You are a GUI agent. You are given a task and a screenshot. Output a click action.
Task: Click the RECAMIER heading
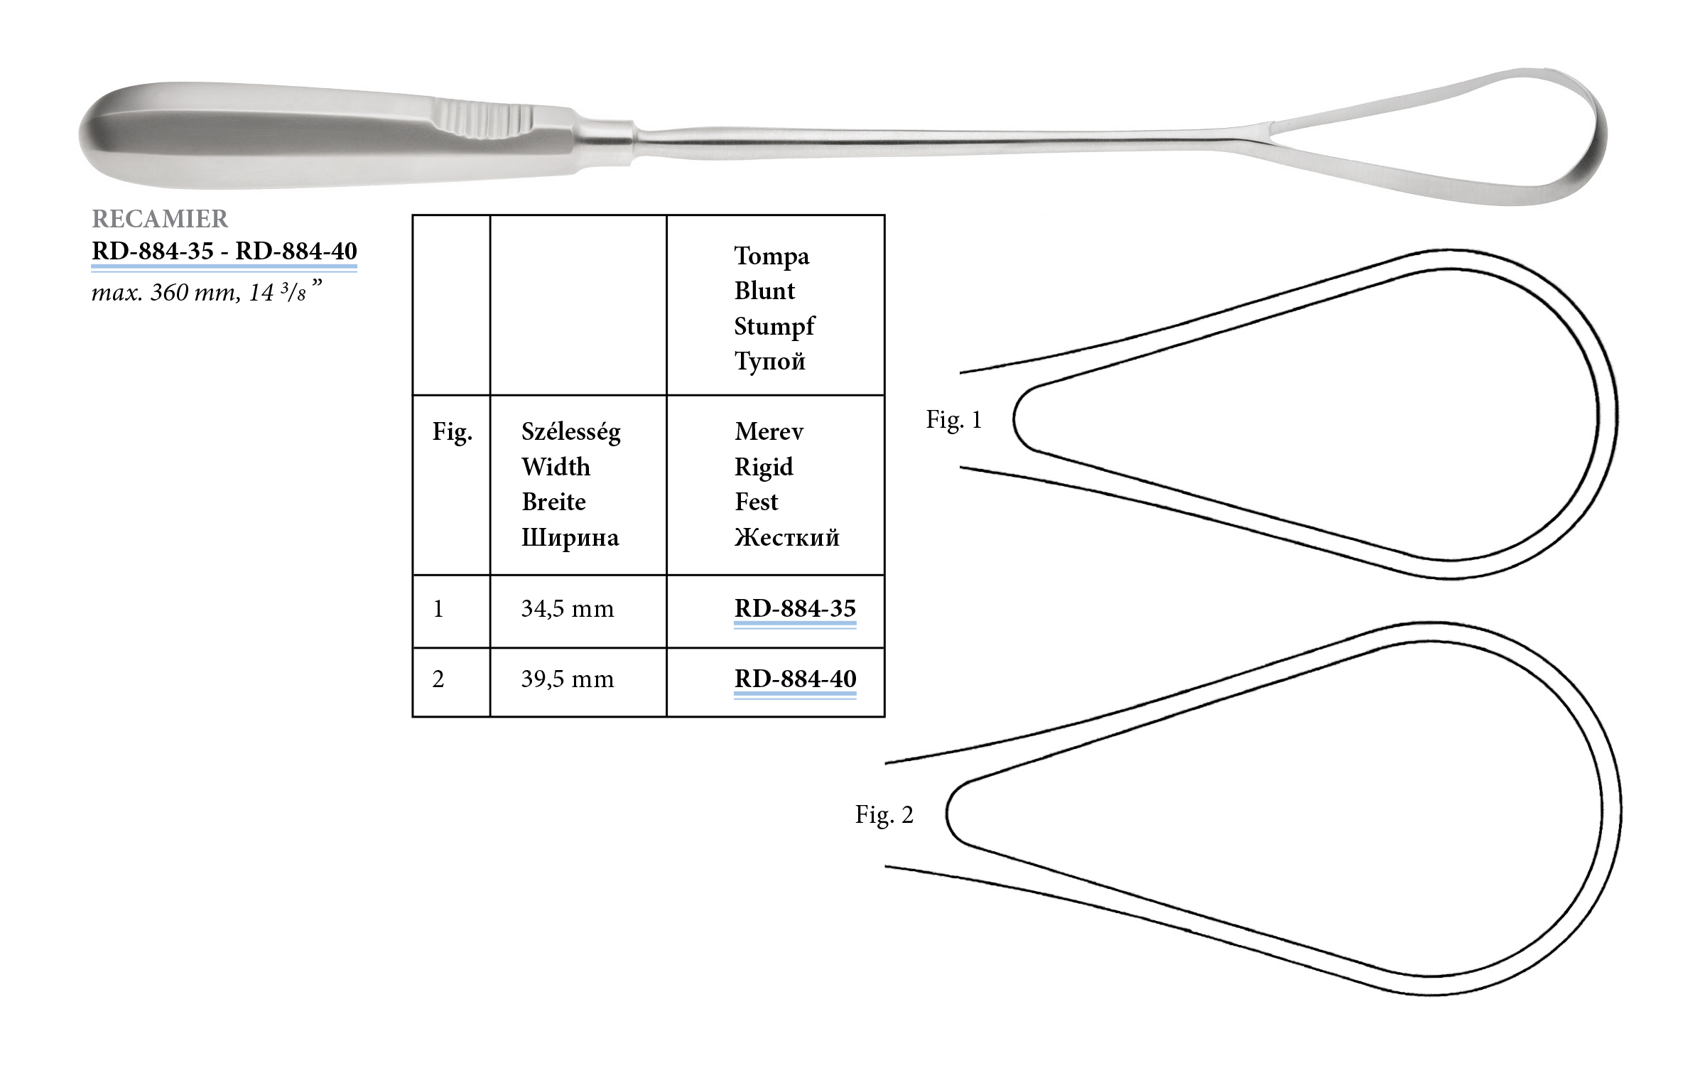(x=160, y=219)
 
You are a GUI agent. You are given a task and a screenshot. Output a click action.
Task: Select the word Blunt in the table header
(x=764, y=291)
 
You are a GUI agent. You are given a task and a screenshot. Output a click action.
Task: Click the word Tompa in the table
(x=771, y=256)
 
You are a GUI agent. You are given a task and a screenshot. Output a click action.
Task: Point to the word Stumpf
(x=774, y=326)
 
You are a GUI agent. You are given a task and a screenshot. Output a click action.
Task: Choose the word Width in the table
(x=556, y=467)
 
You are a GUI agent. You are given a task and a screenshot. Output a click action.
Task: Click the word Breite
(x=553, y=502)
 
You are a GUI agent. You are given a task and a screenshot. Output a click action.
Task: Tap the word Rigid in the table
(x=764, y=467)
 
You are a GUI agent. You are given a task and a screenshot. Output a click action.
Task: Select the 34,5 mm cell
(x=567, y=609)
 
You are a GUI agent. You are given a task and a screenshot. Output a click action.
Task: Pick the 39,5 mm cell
(x=567, y=679)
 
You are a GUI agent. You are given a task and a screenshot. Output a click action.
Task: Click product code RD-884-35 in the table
(x=795, y=609)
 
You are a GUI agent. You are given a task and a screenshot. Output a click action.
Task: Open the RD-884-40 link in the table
(x=795, y=679)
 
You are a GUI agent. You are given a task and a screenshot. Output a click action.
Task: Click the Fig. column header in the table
(x=452, y=432)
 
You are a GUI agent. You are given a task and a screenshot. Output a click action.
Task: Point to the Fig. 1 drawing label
(x=953, y=420)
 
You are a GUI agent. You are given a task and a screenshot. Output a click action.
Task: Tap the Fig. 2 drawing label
(x=884, y=814)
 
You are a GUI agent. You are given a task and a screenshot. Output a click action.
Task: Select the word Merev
(x=769, y=431)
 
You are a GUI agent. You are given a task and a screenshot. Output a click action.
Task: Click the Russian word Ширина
(x=570, y=537)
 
